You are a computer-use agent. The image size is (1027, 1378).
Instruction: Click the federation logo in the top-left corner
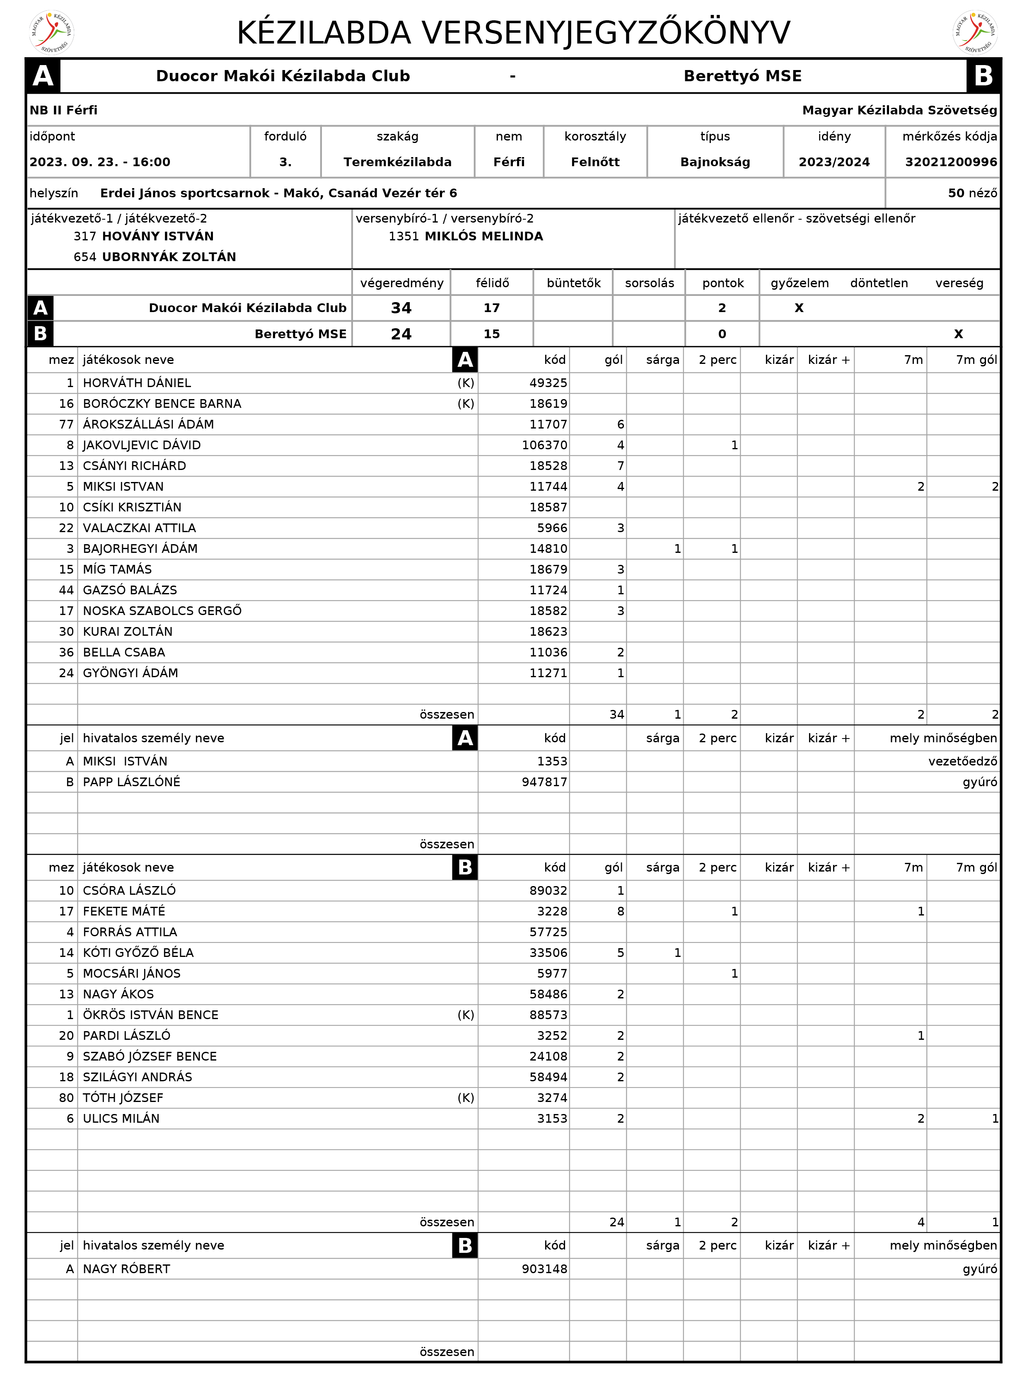(x=52, y=32)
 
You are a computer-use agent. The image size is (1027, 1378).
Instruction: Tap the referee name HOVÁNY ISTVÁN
(x=158, y=236)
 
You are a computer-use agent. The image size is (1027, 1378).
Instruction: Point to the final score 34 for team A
(x=401, y=308)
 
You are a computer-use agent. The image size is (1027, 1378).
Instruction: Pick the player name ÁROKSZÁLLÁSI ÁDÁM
(x=149, y=424)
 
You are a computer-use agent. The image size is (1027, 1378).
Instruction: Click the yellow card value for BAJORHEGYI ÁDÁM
(x=677, y=548)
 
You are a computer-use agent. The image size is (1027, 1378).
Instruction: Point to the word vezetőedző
(x=962, y=761)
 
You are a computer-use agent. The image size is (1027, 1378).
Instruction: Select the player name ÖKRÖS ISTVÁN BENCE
(x=151, y=1015)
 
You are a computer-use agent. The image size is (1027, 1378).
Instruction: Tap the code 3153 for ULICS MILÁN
(x=552, y=1118)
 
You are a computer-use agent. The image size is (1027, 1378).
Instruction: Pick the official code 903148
(x=545, y=1269)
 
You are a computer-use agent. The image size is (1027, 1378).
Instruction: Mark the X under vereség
(x=958, y=334)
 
